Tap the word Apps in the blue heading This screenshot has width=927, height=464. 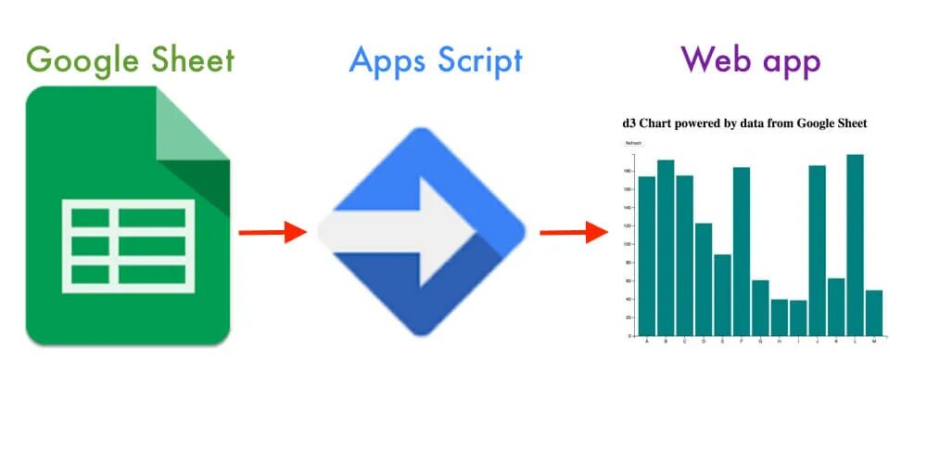point(384,60)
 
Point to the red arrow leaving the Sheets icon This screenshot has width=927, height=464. point(272,232)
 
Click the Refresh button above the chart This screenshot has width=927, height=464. point(633,143)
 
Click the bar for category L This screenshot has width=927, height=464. point(855,245)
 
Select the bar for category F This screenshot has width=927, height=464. point(742,251)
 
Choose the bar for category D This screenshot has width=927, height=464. point(704,279)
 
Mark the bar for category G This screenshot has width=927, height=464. point(760,307)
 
